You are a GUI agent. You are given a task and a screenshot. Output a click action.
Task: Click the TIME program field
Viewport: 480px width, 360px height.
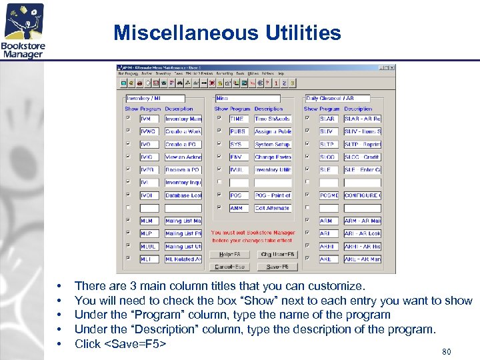tap(239, 119)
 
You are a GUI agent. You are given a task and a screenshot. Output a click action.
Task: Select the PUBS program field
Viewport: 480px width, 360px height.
tap(239, 131)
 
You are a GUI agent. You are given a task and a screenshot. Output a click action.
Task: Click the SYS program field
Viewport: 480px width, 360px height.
tap(239, 144)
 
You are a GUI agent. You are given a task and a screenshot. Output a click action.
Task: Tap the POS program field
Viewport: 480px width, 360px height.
tap(239, 195)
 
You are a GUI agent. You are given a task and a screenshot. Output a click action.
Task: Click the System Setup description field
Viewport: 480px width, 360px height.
tap(273, 144)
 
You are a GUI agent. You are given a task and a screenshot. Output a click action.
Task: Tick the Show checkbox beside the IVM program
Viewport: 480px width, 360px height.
tap(128, 119)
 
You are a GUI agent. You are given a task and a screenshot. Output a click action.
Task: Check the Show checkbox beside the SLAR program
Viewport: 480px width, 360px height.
tap(307, 119)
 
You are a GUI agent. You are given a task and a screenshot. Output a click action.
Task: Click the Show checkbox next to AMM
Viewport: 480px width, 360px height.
tap(218, 208)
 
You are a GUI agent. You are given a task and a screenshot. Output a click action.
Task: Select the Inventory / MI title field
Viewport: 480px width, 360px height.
tap(161, 98)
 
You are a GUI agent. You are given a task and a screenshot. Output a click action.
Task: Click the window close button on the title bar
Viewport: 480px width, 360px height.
tap(392, 67)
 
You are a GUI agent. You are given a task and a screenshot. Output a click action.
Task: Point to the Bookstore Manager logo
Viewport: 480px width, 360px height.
tap(23, 31)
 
